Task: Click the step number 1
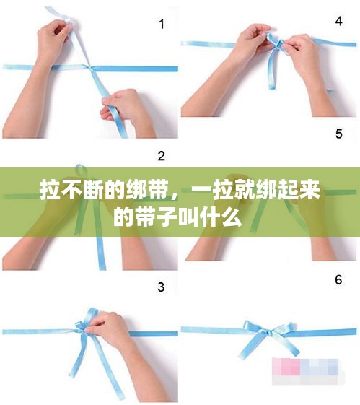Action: click(162, 24)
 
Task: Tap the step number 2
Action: click(162, 156)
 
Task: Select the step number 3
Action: click(161, 287)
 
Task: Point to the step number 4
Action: click(339, 21)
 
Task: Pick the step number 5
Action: click(339, 134)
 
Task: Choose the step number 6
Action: click(338, 279)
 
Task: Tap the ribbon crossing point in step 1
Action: click(89, 68)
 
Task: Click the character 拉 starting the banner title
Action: click(50, 190)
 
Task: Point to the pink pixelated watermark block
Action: click(286, 366)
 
